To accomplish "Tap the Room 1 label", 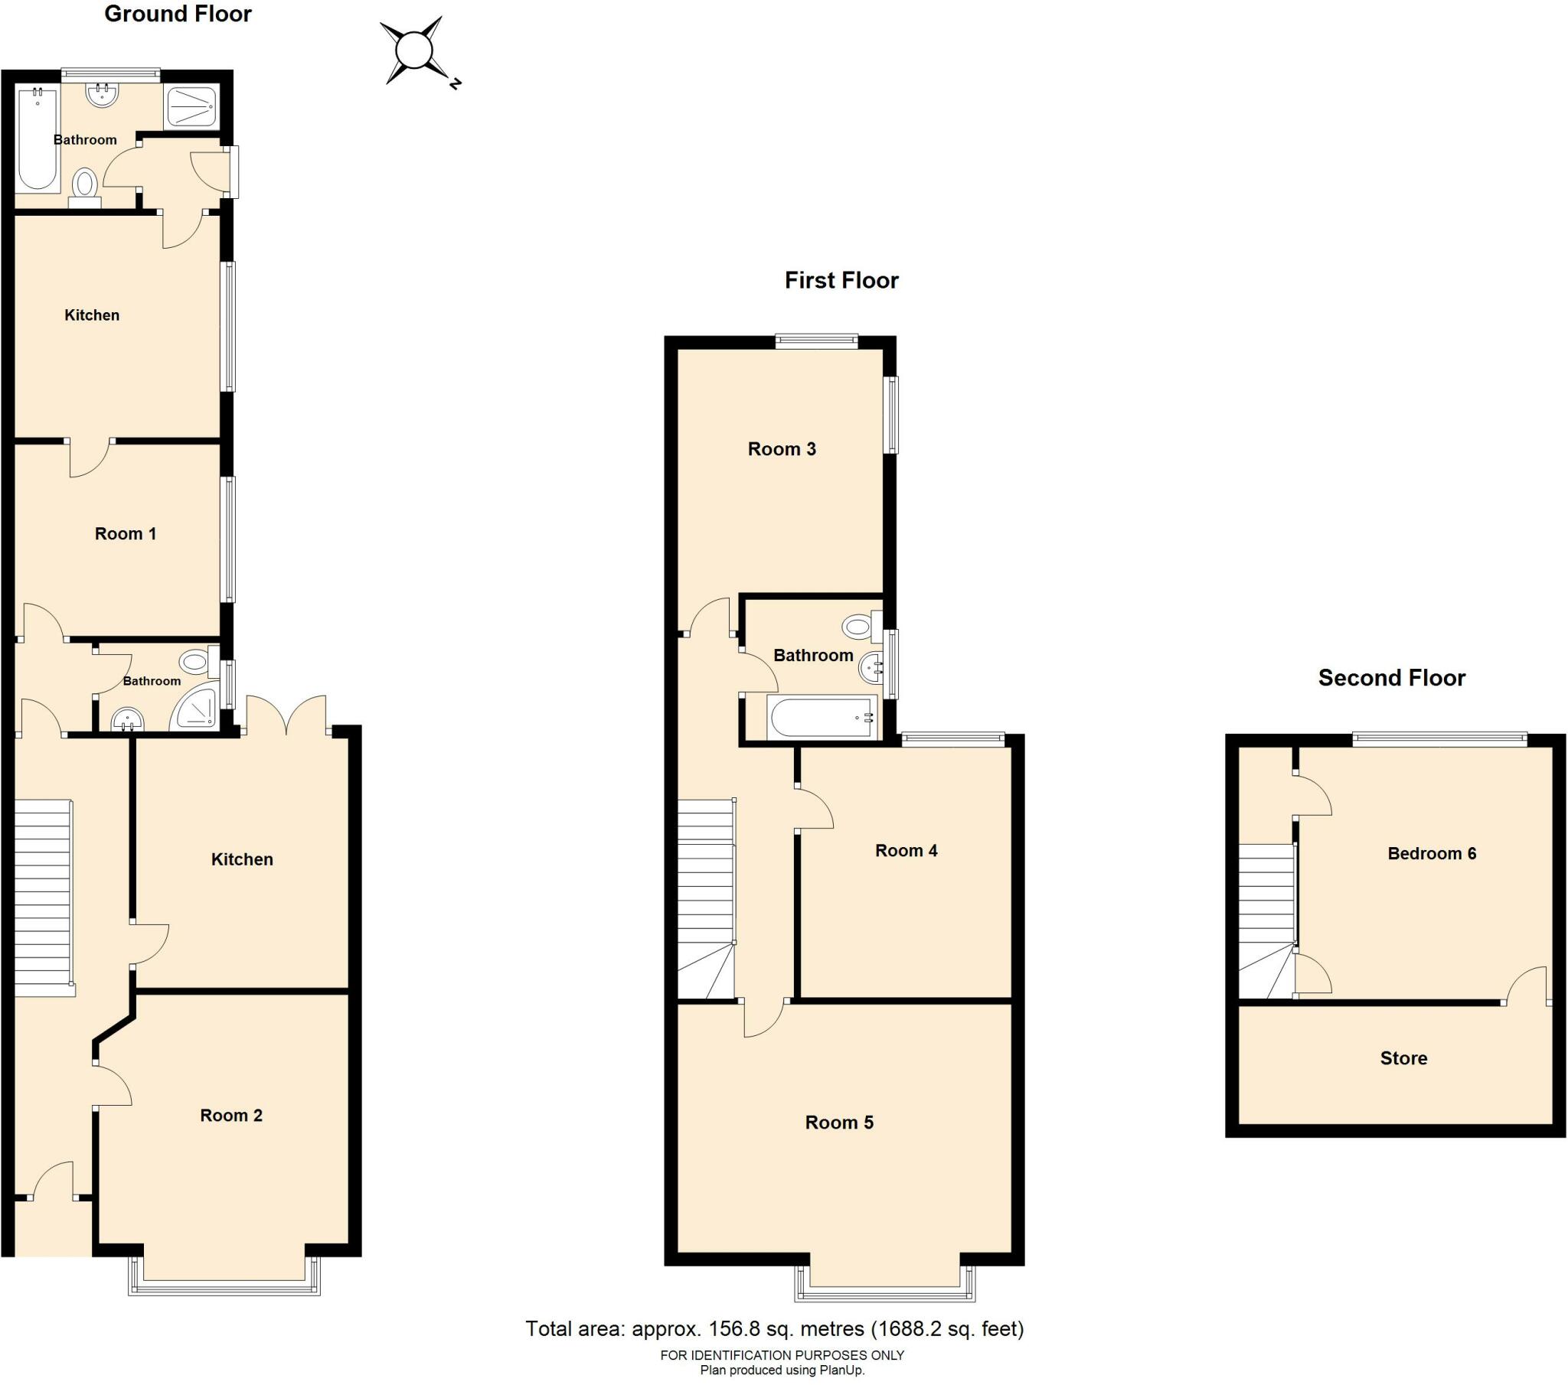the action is pos(126,534).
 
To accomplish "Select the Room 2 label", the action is pos(231,1115).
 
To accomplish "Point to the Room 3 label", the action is pos(782,448).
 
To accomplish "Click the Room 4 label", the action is pos(906,850).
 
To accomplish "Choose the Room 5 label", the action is pos(839,1123).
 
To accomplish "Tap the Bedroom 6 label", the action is pos(1432,853).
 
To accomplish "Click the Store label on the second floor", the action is pos(1404,1058).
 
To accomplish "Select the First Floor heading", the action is pos(841,280).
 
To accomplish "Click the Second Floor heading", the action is pos(1392,678).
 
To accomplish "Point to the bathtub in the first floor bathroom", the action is pos(822,717).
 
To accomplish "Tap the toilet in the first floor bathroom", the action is pos(862,627).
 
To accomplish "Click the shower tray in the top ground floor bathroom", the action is pos(191,106).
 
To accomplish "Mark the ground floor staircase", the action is pos(44,898).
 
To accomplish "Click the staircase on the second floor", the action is pos(1267,921).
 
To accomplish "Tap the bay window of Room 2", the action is pos(224,1276).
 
